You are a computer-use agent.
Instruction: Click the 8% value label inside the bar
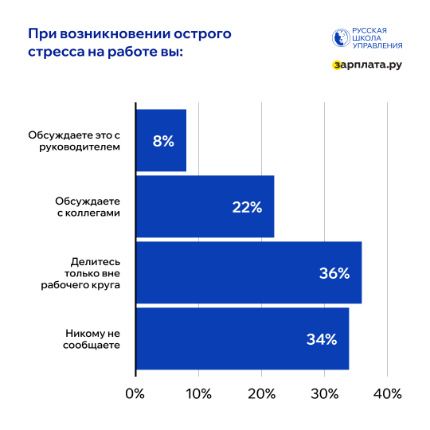pos(163,141)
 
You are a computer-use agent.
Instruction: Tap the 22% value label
pos(247,207)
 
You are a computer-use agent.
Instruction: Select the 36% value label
pos(334,273)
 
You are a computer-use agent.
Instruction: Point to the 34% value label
pos(322,339)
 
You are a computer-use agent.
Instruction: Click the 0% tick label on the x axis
pos(135,393)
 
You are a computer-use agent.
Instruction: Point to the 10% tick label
pos(198,393)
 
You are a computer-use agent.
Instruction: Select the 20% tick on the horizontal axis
pos(261,393)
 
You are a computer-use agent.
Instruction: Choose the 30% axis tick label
pos(324,393)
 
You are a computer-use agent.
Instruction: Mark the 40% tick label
pos(387,393)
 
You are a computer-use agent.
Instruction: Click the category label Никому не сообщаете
pos(92,339)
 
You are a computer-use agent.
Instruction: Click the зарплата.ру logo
pos(367,64)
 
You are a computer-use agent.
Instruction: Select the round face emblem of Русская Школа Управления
pos(340,38)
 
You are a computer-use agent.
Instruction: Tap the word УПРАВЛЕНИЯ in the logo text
pos(378,46)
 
